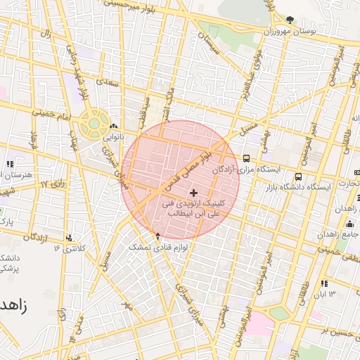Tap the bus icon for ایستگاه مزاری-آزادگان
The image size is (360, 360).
point(247,158)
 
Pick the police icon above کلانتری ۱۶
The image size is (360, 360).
point(68,238)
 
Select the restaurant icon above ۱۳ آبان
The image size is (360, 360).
point(323,283)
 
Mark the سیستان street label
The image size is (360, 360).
point(210,44)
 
